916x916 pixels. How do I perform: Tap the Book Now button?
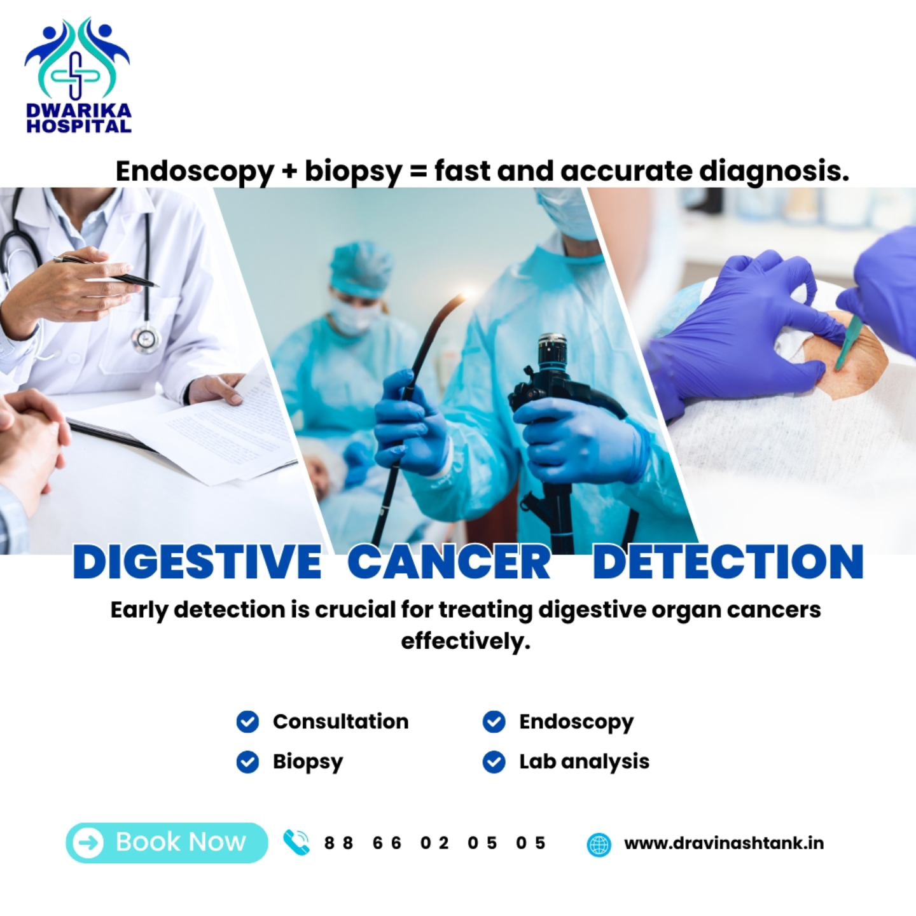167,842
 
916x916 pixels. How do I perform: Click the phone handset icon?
296,842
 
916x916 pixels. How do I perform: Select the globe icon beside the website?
598,844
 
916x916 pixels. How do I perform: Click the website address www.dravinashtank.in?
723,843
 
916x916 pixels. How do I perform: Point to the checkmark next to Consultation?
247,722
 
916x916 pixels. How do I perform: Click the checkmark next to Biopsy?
247,761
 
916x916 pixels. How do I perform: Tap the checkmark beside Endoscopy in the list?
494,722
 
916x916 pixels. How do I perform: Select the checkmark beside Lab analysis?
494,761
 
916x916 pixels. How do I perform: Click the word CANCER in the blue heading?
449,562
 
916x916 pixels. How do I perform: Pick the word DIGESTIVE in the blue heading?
197,562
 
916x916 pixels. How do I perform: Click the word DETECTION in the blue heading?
728,562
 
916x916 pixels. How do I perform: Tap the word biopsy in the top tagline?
353,172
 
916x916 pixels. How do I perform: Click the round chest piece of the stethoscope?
146,338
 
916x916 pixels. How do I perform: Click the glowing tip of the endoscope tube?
462,295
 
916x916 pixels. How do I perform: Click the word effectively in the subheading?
465,641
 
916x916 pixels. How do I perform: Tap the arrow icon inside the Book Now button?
88,843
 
